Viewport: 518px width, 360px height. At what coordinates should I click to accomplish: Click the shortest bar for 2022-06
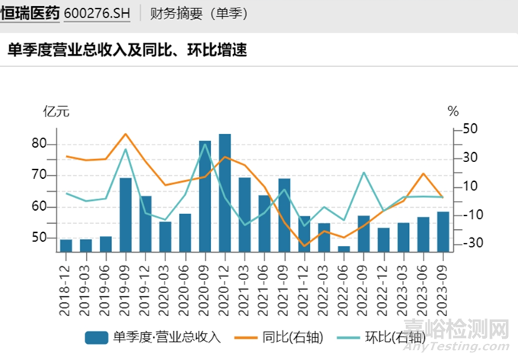pos(344,248)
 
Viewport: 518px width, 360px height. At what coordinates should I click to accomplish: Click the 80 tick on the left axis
pos(40,144)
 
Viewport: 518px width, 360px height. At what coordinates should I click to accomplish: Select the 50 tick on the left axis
pos(40,238)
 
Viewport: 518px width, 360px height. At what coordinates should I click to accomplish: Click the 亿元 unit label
pos(56,111)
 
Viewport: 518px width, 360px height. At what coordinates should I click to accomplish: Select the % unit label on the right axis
pos(453,111)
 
